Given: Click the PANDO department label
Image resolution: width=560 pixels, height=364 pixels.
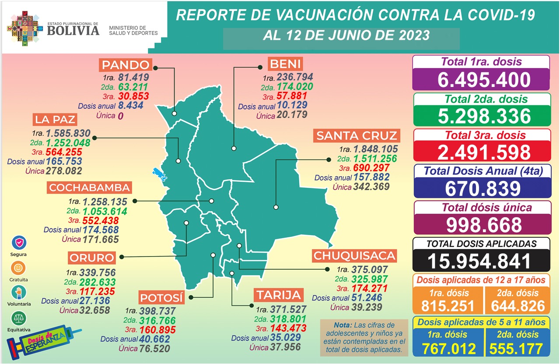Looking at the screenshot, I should click(126, 65).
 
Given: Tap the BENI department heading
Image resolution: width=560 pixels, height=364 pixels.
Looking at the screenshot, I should click(285, 64).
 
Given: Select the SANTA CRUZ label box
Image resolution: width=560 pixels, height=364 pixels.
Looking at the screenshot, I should click(357, 135).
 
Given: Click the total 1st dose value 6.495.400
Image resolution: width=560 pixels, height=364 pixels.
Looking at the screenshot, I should click(481, 80).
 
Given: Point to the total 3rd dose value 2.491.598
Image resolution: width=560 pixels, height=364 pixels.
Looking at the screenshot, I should click(481, 153).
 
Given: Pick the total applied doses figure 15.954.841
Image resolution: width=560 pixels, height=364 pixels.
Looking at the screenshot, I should click(481, 261).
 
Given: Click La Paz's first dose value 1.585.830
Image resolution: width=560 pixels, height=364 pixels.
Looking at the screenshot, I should click(68, 133).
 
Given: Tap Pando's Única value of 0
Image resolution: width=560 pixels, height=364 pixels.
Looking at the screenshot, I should click(121, 116).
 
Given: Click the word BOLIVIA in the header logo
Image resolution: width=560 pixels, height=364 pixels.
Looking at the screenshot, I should click(73, 30).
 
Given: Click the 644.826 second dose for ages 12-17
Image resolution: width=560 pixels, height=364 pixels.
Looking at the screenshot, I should click(518, 305).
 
